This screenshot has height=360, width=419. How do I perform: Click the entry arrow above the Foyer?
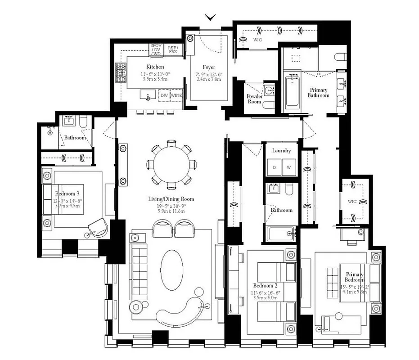point(210,17)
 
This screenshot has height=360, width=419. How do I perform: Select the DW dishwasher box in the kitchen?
point(164,95)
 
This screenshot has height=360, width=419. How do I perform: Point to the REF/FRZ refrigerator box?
point(173,49)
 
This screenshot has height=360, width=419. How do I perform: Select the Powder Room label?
point(254,99)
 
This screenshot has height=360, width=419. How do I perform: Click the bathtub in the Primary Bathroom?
point(292,92)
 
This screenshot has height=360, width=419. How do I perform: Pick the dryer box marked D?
point(274,167)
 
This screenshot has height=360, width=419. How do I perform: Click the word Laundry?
point(281,151)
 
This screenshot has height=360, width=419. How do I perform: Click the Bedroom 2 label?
point(265,286)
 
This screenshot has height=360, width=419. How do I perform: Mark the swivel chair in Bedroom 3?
point(97,227)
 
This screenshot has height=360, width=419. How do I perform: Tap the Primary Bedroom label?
point(354,277)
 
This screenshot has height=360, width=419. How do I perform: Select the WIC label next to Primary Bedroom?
point(352,202)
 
